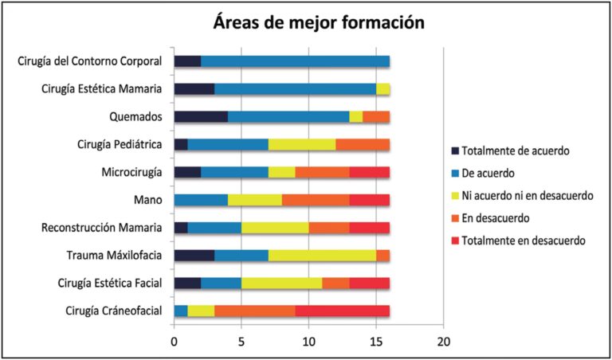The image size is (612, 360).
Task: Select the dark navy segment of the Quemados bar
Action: click(x=201, y=117)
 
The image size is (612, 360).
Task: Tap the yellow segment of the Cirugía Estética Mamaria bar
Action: click(x=383, y=89)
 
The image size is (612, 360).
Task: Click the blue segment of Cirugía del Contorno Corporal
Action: click(x=295, y=61)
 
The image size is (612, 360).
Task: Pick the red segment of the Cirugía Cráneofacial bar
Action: click(x=343, y=311)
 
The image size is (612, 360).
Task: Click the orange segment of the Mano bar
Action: click(x=316, y=200)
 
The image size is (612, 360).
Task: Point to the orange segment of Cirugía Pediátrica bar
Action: click(x=363, y=145)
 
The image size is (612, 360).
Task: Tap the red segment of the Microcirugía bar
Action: click(x=370, y=172)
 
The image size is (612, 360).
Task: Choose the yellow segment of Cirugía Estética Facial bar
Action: click(x=282, y=284)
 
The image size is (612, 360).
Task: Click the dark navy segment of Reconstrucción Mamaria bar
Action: click(x=181, y=228)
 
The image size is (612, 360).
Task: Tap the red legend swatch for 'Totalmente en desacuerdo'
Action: click(x=456, y=241)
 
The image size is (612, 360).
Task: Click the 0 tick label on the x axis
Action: click(x=175, y=342)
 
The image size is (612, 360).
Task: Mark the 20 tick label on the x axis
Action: click(x=444, y=342)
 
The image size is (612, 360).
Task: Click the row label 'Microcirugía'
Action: click(x=129, y=172)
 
